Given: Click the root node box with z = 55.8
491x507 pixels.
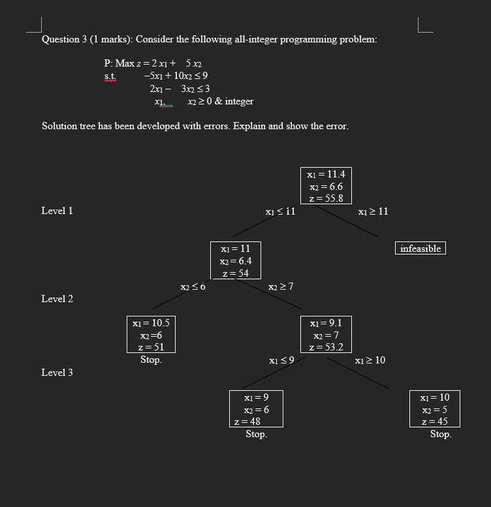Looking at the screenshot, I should (x=326, y=186).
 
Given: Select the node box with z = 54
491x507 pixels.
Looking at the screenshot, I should (x=235, y=261).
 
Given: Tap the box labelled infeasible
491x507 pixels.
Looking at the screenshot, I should (x=420, y=249).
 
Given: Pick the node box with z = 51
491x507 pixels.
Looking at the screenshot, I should (x=151, y=335).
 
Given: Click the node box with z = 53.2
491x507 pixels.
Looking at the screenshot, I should (x=326, y=335).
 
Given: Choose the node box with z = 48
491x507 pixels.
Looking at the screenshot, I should (x=256, y=409).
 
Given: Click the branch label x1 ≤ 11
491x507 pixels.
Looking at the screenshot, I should (x=280, y=212).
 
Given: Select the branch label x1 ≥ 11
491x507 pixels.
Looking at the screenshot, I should (x=373, y=212).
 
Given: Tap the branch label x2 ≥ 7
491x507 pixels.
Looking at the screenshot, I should (x=281, y=287).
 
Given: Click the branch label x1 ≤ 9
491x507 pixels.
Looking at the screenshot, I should (x=281, y=360).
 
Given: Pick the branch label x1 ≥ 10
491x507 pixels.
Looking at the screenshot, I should (x=370, y=360).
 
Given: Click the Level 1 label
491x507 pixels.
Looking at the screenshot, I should (x=57, y=211).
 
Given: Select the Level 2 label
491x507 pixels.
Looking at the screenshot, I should (x=57, y=299).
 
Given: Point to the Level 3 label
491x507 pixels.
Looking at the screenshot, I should (x=57, y=373).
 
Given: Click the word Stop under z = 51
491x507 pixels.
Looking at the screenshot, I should (x=151, y=360).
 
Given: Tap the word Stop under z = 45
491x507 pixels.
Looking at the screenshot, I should (x=440, y=434).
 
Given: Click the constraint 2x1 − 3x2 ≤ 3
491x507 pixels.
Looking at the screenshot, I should (x=180, y=89).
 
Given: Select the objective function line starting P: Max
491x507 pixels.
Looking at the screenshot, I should (x=153, y=63).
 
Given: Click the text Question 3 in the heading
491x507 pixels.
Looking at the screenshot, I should (x=64, y=39).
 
